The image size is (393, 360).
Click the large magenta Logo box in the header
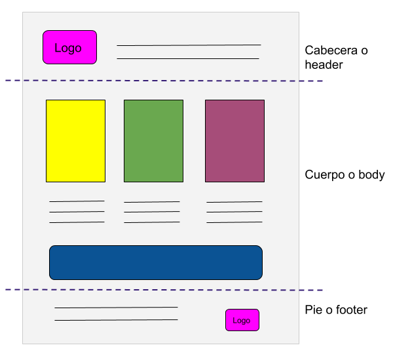[69, 47]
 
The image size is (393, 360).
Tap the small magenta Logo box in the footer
[242, 320]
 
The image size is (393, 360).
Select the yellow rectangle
[75, 140]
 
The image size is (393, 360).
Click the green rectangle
[153, 140]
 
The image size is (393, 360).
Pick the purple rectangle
[234, 140]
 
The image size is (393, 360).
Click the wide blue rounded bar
[156, 262]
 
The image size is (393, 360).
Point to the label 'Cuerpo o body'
[345, 175]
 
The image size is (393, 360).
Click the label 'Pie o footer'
[336, 310]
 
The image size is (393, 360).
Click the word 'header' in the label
[324, 65]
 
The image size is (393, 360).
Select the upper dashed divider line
[164, 81]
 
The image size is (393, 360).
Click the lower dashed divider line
[164, 290]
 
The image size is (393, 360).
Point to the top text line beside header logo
[189, 45]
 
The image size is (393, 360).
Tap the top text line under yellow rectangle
[77, 201]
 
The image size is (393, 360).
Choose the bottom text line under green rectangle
[151, 222]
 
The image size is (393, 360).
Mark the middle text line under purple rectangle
[234, 212]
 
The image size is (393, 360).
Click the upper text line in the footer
[116, 307]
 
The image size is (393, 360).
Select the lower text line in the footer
[116, 320]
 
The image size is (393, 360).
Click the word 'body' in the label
[370, 175]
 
